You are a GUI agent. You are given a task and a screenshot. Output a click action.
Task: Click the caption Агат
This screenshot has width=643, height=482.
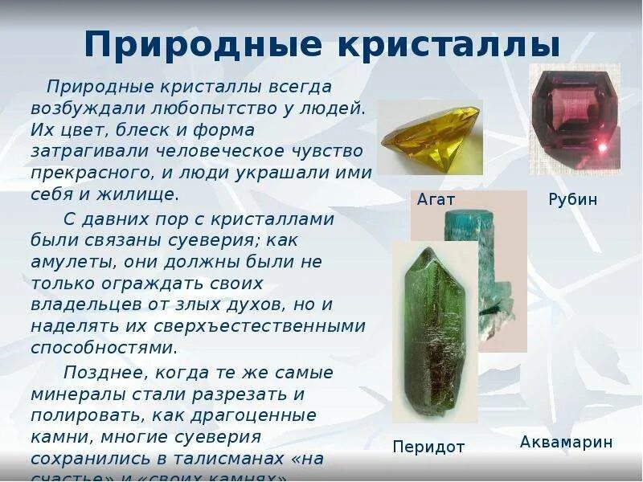point(436,199)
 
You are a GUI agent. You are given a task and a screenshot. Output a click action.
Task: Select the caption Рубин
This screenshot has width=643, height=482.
point(573,199)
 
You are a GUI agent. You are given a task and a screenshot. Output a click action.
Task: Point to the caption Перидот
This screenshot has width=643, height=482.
point(428,447)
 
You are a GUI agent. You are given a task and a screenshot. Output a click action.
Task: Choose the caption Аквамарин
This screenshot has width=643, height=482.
point(566,442)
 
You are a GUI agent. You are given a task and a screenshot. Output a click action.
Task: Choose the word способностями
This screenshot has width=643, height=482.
point(103,349)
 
